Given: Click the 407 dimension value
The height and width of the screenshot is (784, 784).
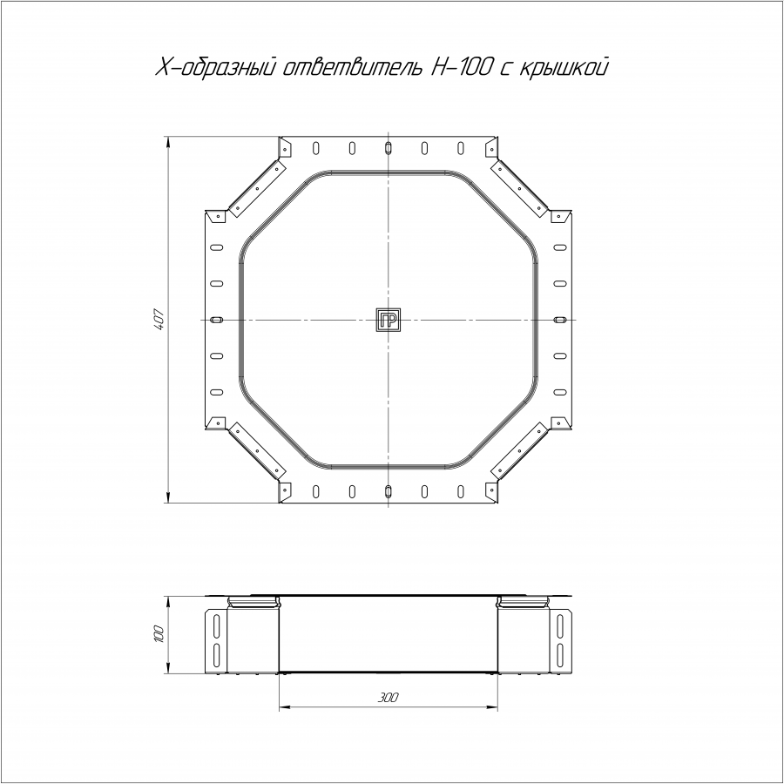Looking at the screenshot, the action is pos(159,320).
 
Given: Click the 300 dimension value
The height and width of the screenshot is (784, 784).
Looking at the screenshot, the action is pos(388,697).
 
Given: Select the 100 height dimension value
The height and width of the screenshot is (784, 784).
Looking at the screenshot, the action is pos(159,634).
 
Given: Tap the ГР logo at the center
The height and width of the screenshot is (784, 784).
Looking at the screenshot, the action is pos(388,320).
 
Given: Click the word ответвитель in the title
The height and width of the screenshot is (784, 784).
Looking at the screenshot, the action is pos(354,68).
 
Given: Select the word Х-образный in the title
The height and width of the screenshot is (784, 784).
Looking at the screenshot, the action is pos(215,68).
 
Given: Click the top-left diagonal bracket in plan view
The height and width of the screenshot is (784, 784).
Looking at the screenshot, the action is pos(257,188).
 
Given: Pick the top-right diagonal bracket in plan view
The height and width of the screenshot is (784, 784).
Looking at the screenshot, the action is pos(519,188).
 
